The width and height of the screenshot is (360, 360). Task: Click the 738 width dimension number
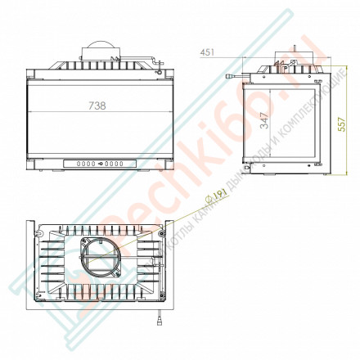point(98,106)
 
